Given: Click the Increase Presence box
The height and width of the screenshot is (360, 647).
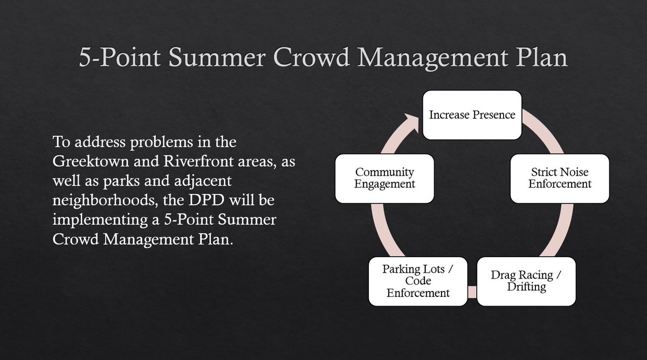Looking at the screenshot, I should (x=472, y=115).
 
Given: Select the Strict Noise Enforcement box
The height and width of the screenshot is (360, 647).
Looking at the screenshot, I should (x=560, y=178).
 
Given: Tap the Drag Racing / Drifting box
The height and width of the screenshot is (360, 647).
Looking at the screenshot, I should (x=526, y=281).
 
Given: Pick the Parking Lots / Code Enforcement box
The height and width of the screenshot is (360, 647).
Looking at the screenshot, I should (x=418, y=281).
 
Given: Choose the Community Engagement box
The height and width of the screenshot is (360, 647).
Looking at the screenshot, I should (x=384, y=178).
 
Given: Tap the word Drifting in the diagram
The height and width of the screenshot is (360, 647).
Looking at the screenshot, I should (x=526, y=287).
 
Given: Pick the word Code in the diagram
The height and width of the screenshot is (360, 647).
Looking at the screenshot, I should (x=418, y=281).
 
